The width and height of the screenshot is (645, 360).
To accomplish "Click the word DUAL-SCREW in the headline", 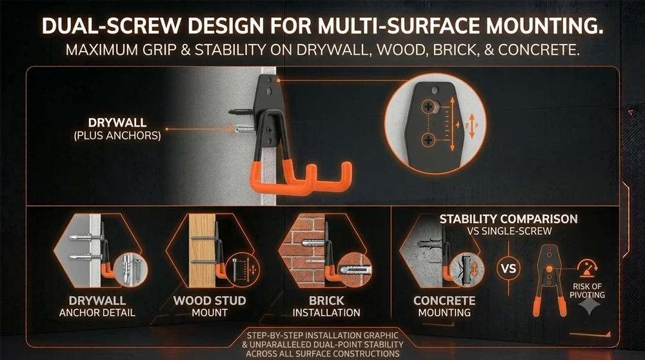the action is click(x=111, y=26).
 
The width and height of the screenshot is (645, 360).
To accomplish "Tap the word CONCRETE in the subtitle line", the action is click(x=539, y=50).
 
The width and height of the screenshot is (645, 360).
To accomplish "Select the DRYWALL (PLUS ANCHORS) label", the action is click(x=117, y=129).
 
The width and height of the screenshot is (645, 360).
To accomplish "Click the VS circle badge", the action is click(x=508, y=268).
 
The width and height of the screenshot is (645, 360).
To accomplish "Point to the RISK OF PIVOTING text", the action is click(x=587, y=290).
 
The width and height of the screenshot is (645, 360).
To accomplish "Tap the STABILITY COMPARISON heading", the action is click(x=508, y=219).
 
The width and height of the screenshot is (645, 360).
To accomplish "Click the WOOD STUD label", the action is click(x=210, y=301).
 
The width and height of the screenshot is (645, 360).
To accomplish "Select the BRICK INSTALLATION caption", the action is click(x=326, y=306).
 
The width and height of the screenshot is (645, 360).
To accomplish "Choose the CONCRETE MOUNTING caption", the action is click(x=444, y=306).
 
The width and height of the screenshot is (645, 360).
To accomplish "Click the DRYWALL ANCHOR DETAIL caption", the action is click(x=97, y=306).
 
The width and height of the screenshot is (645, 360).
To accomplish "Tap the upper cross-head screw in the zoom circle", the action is click(x=428, y=107).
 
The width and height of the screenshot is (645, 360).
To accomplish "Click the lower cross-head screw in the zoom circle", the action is click(x=428, y=140).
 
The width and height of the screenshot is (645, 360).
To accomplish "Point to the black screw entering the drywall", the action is click(x=241, y=111).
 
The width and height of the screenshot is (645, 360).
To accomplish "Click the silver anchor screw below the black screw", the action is click(x=244, y=129).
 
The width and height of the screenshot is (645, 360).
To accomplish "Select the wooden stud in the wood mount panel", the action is click(x=202, y=250).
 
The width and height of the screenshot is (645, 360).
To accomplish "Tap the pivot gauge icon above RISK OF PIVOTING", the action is click(x=588, y=268).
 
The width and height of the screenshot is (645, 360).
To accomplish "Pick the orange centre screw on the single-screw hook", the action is click(x=549, y=269).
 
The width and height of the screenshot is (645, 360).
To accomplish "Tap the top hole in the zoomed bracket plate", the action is click(x=435, y=90).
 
